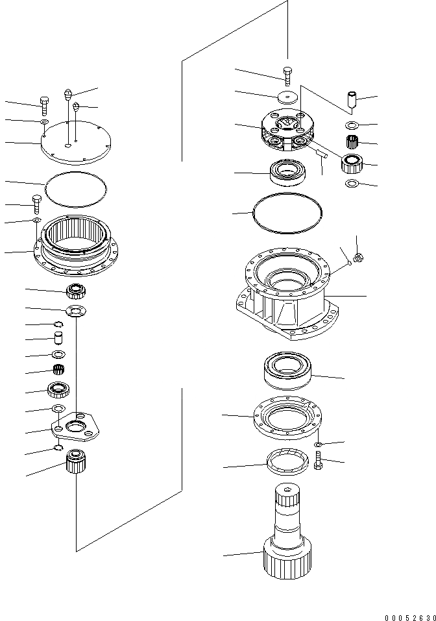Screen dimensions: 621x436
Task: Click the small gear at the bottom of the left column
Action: (77, 462)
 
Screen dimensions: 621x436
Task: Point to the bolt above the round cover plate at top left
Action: (43, 104)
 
